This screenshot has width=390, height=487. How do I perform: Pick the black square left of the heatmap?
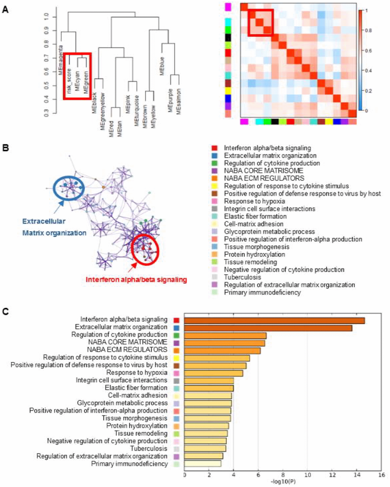tap(228, 37)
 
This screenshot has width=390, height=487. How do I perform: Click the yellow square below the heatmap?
tap(329, 122)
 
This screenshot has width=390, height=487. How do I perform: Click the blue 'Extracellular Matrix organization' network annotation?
tap(54, 227)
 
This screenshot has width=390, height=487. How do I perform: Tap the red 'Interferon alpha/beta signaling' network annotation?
tap(136, 280)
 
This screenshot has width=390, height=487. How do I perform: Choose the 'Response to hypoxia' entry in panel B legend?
tap(254, 201)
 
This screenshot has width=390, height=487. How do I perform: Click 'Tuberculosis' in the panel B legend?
tap(242, 277)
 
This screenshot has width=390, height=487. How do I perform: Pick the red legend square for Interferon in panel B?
tap(214, 148)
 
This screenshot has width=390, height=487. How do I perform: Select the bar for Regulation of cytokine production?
tap(225, 335)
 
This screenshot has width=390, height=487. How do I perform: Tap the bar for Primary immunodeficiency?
tap(203, 464)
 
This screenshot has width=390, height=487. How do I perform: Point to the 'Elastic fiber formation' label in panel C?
tap(136, 388)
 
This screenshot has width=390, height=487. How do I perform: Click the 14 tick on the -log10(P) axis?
tap(356, 475)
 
